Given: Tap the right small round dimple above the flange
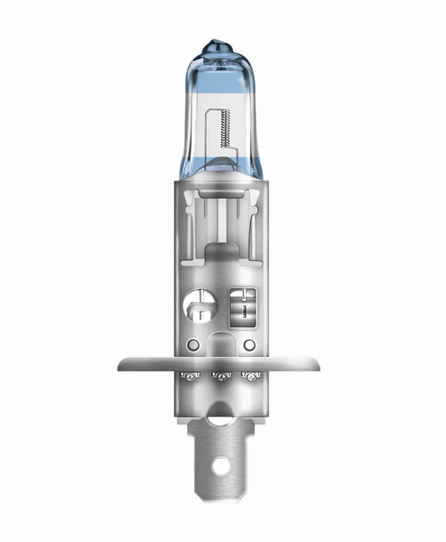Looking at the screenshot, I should click(x=248, y=346).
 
